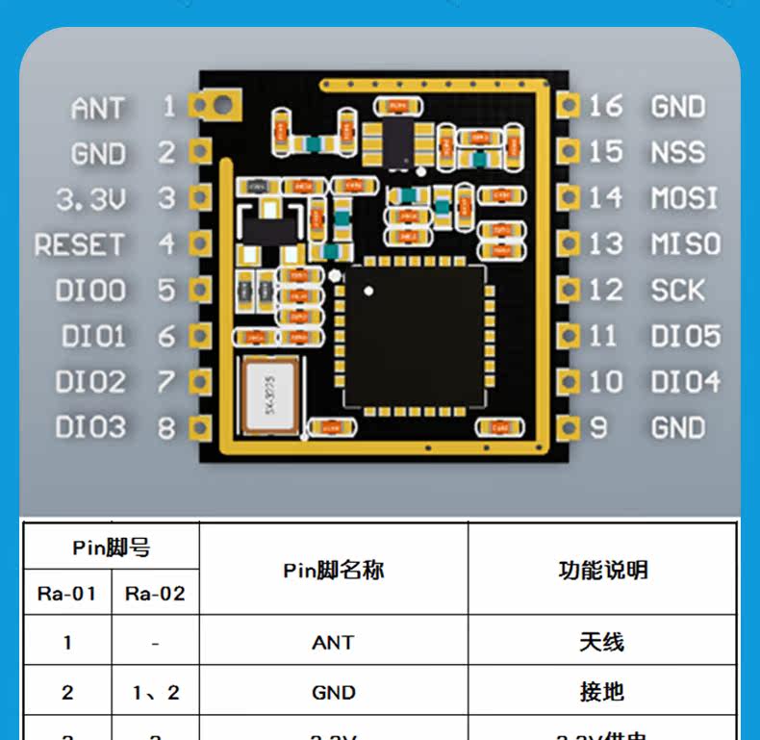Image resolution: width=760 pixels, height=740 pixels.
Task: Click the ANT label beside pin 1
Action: (97, 109)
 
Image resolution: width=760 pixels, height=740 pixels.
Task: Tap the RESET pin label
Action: (79, 244)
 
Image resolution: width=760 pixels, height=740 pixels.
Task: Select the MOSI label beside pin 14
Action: (684, 198)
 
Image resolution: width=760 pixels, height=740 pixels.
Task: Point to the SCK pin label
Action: (677, 290)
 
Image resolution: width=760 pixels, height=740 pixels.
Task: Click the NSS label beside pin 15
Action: (677, 152)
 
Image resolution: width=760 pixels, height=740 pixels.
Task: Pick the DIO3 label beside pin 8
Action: (90, 427)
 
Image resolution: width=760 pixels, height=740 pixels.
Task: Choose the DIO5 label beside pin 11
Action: (685, 336)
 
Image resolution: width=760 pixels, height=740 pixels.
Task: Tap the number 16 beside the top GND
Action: (606, 106)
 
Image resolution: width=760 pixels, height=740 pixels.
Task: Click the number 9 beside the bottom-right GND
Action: (598, 427)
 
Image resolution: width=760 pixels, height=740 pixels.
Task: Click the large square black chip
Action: (415, 335)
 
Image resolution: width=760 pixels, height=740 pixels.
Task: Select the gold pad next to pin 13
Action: (568, 243)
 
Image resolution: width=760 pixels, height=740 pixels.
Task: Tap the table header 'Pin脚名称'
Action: (333, 570)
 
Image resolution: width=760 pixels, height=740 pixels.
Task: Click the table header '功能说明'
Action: (602, 570)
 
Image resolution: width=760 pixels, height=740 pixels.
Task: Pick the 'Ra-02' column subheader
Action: (155, 594)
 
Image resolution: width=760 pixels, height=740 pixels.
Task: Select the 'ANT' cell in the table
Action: (333, 642)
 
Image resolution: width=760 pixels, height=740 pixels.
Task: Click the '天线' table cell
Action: (602, 642)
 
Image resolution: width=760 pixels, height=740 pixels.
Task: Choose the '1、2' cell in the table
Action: (155, 692)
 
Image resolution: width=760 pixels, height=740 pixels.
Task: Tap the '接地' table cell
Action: (602, 692)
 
